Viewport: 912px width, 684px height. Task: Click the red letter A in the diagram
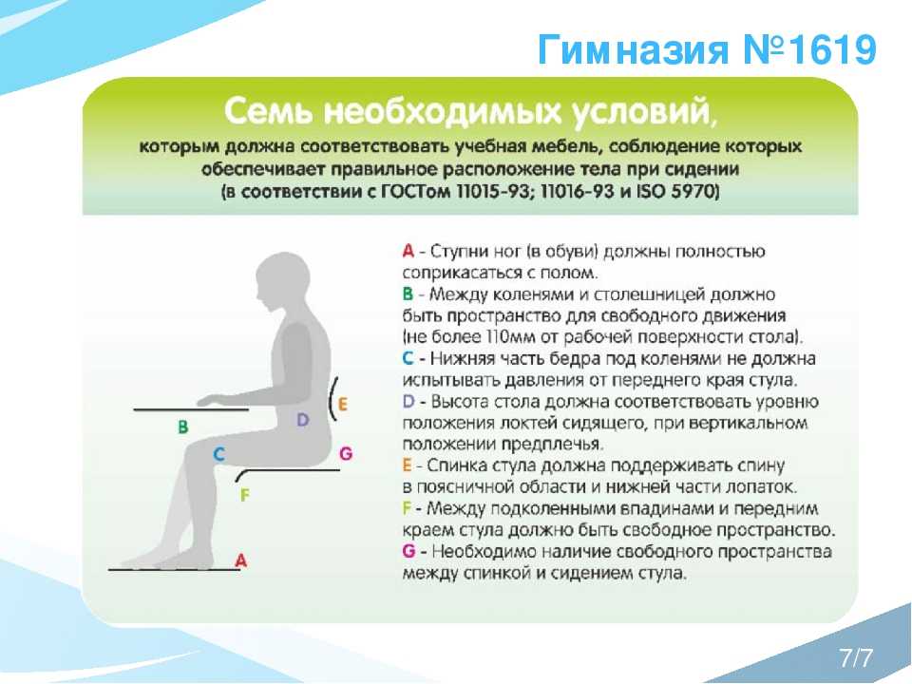point(240,560)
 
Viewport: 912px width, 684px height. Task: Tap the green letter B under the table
point(182,427)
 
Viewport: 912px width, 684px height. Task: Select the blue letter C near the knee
point(218,454)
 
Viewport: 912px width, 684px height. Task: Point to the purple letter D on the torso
point(302,419)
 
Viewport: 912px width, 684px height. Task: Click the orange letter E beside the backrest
point(343,404)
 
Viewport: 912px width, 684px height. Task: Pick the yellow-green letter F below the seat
point(244,495)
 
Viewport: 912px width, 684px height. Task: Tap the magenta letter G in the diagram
point(346,453)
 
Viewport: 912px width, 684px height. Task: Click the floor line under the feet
point(174,569)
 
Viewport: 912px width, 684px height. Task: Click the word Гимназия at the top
point(634,50)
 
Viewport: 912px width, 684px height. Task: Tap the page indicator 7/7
point(856,657)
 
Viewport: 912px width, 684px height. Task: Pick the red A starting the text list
point(408,251)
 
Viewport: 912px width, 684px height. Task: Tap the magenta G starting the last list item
point(408,551)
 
